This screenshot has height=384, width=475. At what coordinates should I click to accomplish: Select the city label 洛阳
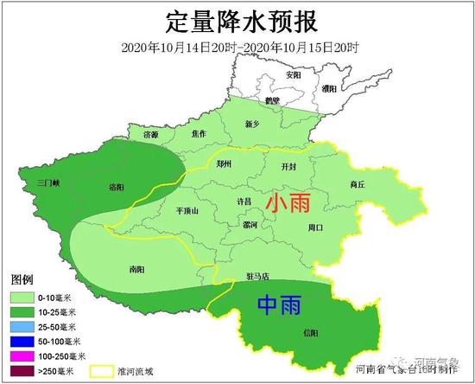tap(117, 187)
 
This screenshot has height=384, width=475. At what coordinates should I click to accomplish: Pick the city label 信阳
tap(311, 332)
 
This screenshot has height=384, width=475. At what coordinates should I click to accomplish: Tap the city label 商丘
tap(358, 184)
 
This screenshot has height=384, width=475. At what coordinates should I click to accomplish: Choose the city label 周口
tap(315, 227)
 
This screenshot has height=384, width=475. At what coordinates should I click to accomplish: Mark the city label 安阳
tap(294, 74)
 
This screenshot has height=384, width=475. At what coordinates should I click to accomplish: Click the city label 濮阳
tap(329, 87)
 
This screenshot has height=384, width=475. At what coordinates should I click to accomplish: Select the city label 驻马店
tap(257, 277)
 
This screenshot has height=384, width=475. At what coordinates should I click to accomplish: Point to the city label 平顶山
tap(187, 210)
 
